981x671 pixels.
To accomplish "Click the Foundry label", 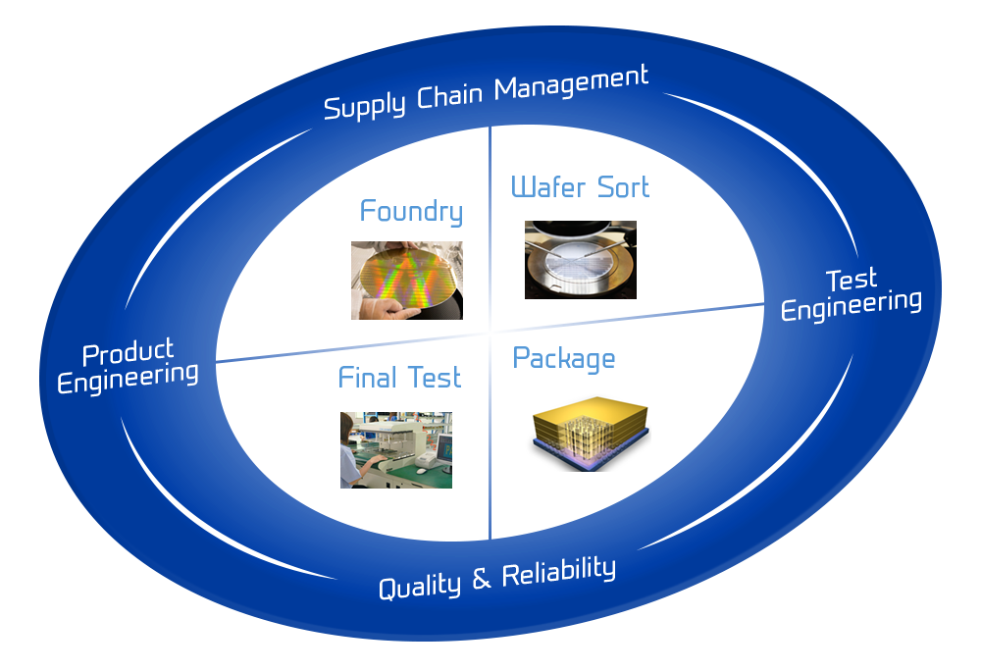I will tap(411, 211).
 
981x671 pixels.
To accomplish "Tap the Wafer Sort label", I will tap(580, 186).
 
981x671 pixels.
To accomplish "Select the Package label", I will tap(564, 358).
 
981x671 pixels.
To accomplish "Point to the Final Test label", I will tap(399, 378).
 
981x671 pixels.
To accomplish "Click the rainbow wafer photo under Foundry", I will tap(407, 280).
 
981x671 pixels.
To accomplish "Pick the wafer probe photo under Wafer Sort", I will tap(581, 260).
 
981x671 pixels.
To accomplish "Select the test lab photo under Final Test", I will tap(396, 449).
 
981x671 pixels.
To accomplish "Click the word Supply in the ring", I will tap(364, 104).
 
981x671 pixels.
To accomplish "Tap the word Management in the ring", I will tap(572, 82).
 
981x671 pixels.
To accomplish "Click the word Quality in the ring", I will tap(420, 586).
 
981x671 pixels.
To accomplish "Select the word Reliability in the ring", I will tap(559, 572).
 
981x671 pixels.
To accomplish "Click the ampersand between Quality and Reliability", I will tap(481, 579).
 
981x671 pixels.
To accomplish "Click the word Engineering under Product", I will tap(128, 376).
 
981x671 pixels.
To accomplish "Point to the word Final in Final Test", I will tap(368, 378).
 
